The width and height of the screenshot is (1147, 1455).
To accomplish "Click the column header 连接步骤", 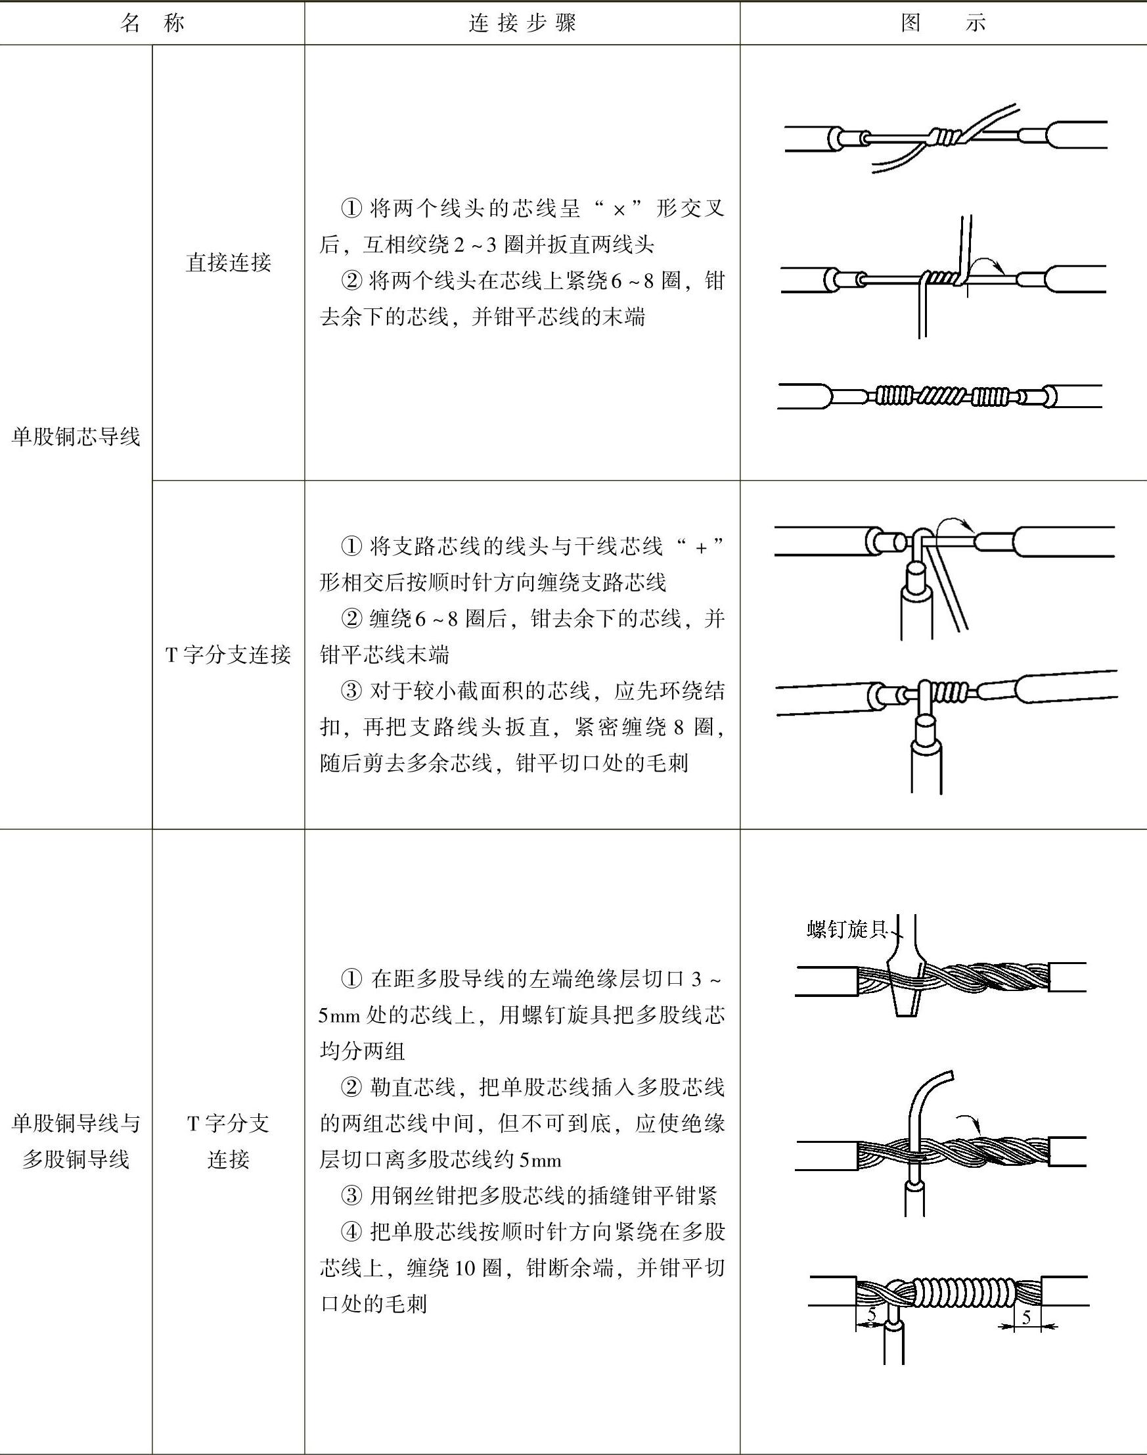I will (x=522, y=24).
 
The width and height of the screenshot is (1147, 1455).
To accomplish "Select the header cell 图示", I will (x=943, y=24).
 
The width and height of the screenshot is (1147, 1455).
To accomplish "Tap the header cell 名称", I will (x=152, y=24).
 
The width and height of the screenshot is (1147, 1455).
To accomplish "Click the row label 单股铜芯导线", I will (x=76, y=437).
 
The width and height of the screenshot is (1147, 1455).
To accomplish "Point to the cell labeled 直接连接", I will (x=229, y=263).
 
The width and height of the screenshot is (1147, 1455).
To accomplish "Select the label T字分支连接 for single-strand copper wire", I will (x=229, y=655).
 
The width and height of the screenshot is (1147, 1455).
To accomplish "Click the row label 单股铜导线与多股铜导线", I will (x=76, y=1142).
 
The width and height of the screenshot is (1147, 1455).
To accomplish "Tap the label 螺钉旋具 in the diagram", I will (x=847, y=930).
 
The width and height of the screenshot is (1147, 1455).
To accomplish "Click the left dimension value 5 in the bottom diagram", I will (x=871, y=1314).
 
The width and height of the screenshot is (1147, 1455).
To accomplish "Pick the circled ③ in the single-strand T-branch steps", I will (x=351, y=691).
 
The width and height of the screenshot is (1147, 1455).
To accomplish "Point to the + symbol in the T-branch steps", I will (x=702, y=547).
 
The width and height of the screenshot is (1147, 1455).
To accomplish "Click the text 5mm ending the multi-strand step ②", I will (x=541, y=1160).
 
